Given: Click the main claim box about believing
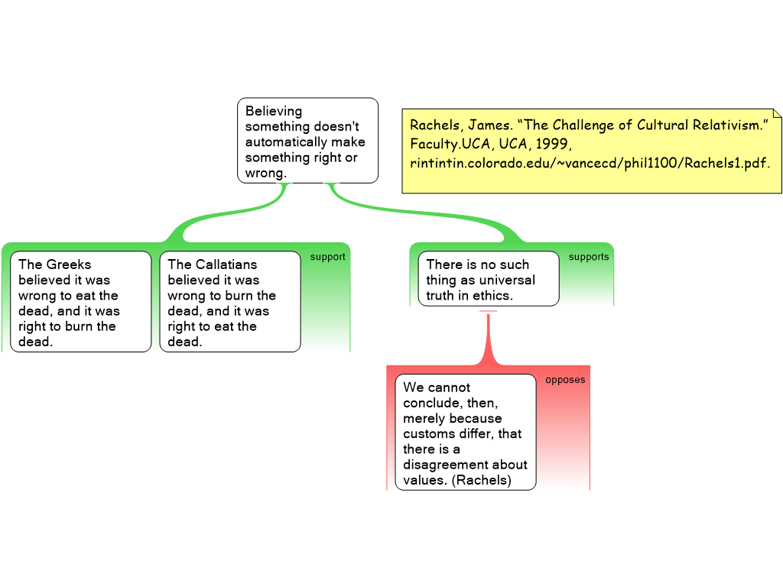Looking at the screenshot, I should [x=307, y=141].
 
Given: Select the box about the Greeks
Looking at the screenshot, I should [x=81, y=302].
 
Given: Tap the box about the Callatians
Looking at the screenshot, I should [x=230, y=302].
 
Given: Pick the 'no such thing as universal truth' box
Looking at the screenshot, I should [x=488, y=279].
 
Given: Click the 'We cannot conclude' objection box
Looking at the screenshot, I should [x=465, y=432].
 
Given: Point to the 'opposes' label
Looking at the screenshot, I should [x=565, y=380].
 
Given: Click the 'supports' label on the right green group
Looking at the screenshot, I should [x=589, y=257].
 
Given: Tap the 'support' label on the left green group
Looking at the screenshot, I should [x=327, y=257].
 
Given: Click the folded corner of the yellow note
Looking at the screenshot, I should [x=777, y=114].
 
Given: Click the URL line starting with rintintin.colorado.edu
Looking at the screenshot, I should [x=590, y=163].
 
